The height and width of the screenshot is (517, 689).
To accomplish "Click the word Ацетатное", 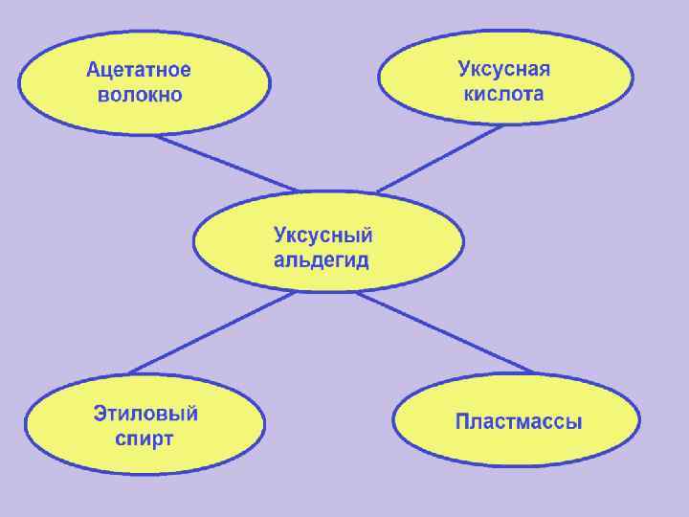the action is coord(139,70).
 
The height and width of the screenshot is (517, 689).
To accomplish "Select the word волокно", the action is coord(139,95).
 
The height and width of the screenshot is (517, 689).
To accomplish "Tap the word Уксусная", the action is coord(503,69).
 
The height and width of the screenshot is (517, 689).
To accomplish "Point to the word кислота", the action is coord(503,94).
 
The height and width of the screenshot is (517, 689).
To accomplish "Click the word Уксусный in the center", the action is coord(323,236).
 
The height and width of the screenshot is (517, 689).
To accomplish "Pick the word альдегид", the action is coord(322,260).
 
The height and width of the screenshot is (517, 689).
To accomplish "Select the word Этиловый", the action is coord(145,415).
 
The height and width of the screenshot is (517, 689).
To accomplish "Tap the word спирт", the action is coord(144,439).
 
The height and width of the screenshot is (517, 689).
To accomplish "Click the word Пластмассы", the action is coord(518,421).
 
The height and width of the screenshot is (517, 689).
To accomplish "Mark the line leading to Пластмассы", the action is coord(446,332).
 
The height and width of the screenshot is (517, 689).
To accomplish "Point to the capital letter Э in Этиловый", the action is coord(100,415).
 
